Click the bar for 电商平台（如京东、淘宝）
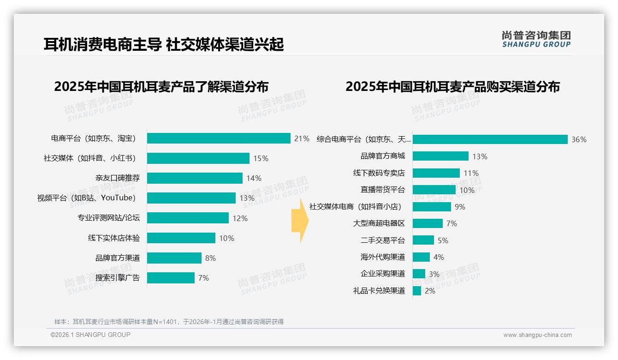[219, 138]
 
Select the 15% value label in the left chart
[261, 158]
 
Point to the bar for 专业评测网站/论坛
[188, 218]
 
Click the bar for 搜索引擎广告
[171, 278]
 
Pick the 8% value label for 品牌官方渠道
[210, 258]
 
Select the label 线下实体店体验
[114, 238]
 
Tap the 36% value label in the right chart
[579, 139]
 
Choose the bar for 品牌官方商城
[440, 156]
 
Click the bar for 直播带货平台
[434, 190]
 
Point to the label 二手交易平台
[382, 240]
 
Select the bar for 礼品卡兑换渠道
[417, 291]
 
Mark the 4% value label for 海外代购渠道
[439, 257]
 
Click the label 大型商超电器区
[379, 223]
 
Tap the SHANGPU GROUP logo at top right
[536, 39]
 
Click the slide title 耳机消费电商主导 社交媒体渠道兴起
[164, 44]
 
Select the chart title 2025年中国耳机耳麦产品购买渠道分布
[452, 87]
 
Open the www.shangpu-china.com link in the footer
[537, 335]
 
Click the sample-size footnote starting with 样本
[169, 322]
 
